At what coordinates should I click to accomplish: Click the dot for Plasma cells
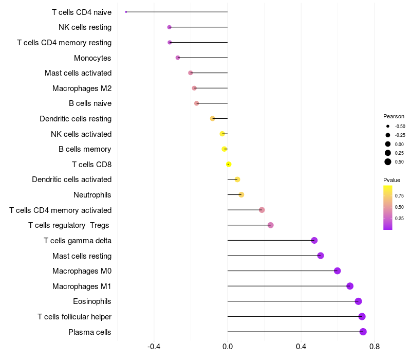coord(363,332)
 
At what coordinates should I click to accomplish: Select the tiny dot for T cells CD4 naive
coord(126,12)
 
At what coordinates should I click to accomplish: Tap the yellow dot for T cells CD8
coord(229,164)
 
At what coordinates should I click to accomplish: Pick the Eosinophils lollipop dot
coord(358,301)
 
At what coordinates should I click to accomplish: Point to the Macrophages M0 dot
coord(337,271)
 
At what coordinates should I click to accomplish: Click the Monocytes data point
coord(178,58)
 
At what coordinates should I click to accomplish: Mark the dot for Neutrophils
coord(241,194)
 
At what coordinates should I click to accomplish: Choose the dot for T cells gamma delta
coord(314,240)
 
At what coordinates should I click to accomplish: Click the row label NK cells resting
coord(85,27)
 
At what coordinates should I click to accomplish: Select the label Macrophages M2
coord(82,88)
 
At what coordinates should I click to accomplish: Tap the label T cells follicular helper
coord(74,317)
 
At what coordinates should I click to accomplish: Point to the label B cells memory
coord(85,149)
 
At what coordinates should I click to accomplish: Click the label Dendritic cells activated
coord(71,179)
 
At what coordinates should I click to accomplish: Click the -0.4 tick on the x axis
coord(154,347)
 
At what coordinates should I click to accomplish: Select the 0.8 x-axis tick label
coord(375,347)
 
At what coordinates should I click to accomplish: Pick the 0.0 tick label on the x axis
coord(228,347)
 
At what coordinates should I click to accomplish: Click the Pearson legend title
coord(394,116)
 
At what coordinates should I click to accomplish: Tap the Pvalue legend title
coord(391,180)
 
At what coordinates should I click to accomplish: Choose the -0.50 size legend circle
coord(388,126)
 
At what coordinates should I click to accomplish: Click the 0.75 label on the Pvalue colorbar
coord(399,195)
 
